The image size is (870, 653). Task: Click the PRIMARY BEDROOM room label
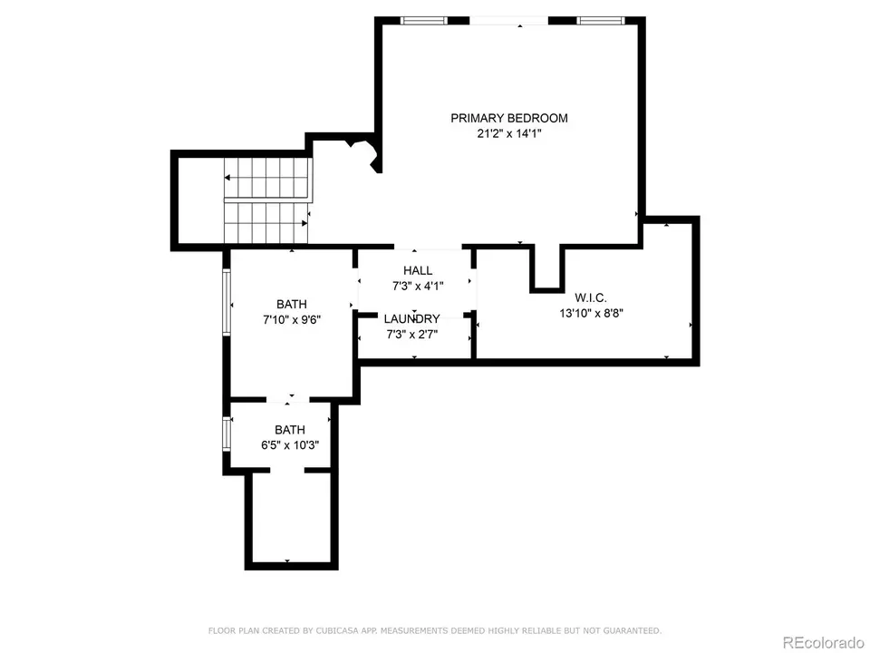coord(508,118)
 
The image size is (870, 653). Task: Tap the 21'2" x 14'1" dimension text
coord(508,133)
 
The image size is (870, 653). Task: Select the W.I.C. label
coord(590,297)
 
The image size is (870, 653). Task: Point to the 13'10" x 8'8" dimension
coord(591,313)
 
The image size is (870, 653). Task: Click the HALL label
coord(418,270)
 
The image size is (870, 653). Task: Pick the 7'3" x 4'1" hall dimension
coord(418,286)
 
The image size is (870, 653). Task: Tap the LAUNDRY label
coord(411,318)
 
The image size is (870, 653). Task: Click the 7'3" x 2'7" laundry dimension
coord(411,335)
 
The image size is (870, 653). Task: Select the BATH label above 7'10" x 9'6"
coord(292,305)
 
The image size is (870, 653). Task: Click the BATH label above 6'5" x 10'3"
coord(290,430)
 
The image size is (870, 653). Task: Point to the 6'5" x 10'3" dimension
coord(290,445)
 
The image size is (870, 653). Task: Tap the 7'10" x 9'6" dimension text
coord(292,320)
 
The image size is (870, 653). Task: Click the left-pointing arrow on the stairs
coord(266,178)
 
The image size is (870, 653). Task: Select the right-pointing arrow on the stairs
coord(266,223)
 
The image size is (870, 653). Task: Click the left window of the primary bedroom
coord(424,21)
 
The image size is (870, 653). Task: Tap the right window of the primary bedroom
coord(600,21)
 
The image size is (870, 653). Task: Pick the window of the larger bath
coord(227,301)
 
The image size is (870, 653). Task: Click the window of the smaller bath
coord(227,434)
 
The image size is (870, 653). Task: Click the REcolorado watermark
coord(823,642)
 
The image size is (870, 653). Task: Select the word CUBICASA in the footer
coord(334,630)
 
